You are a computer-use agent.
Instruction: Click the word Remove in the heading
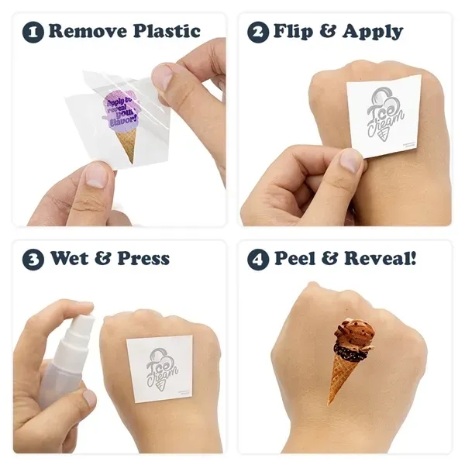(87, 32)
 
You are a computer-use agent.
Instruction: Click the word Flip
(297, 32)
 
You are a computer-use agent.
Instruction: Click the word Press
(143, 259)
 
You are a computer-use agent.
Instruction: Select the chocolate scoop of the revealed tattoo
(353, 337)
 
